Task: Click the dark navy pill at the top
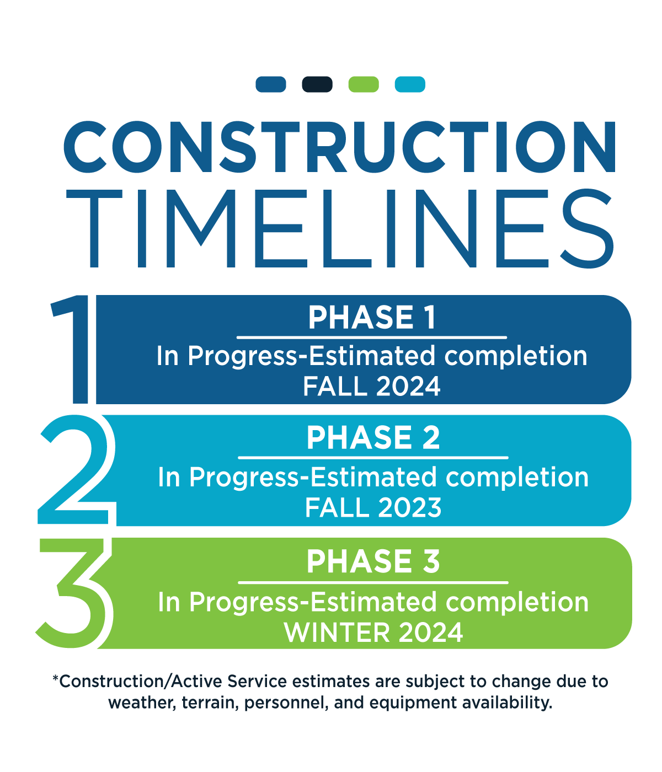(x=317, y=84)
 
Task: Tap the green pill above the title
(x=364, y=84)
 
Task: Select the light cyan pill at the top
(x=410, y=84)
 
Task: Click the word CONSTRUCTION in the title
(x=339, y=147)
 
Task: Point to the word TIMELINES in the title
(x=339, y=229)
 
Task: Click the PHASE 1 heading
(x=372, y=318)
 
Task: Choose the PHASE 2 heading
(x=373, y=438)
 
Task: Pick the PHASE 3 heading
(x=373, y=561)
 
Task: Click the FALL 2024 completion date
(x=372, y=386)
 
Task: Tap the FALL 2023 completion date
(x=373, y=507)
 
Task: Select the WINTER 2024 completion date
(x=373, y=632)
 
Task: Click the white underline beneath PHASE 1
(x=372, y=337)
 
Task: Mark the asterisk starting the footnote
(x=55, y=677)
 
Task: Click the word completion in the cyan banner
(x=517, y=478)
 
